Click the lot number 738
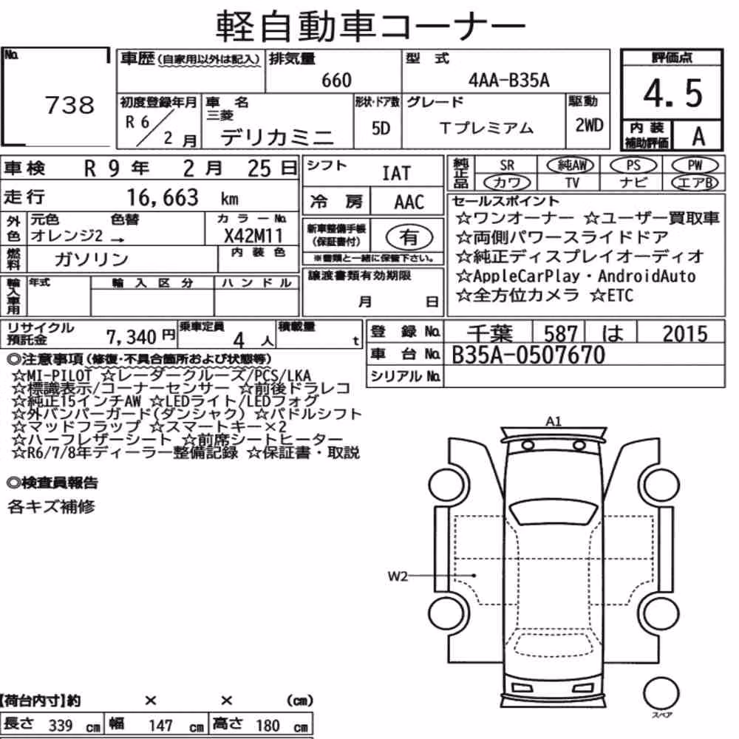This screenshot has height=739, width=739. coord(69,105)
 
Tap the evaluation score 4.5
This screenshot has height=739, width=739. coord(673,93)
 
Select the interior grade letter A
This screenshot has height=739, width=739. coord(698,137)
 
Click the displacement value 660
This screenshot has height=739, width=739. coord(336,80)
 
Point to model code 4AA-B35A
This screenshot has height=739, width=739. coord(509,80)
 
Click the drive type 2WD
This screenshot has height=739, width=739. coord(589,125)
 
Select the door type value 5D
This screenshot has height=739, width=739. coord(381,128)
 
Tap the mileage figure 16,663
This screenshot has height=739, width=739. coord(163,197)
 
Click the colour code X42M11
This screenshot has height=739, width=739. coord(253,235)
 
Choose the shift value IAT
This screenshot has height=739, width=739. coord(396,174)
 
